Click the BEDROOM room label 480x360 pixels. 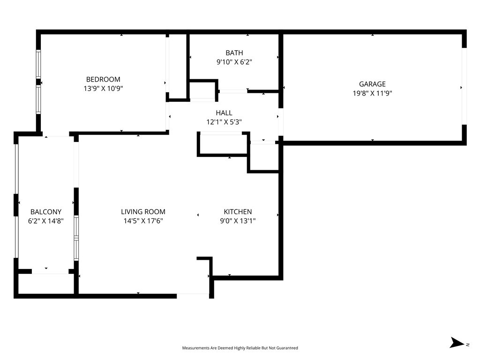103,79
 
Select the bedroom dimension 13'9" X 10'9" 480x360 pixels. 103,88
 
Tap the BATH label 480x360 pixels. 234,53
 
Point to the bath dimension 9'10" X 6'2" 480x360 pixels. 234,61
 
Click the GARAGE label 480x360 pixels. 372,84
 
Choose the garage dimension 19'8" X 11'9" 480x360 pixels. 372,93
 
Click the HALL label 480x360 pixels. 224,113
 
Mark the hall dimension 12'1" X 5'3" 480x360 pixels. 224,122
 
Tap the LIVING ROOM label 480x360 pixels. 143,212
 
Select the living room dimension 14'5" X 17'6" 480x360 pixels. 143,221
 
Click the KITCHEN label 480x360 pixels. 238,212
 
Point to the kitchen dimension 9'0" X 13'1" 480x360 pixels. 238,221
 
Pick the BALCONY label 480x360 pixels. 46,212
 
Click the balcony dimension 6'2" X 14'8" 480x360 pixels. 46,221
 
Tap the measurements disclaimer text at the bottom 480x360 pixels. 240,348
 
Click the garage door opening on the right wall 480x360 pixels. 464,87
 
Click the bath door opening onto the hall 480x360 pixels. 233,91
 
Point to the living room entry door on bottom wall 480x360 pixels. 193,295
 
